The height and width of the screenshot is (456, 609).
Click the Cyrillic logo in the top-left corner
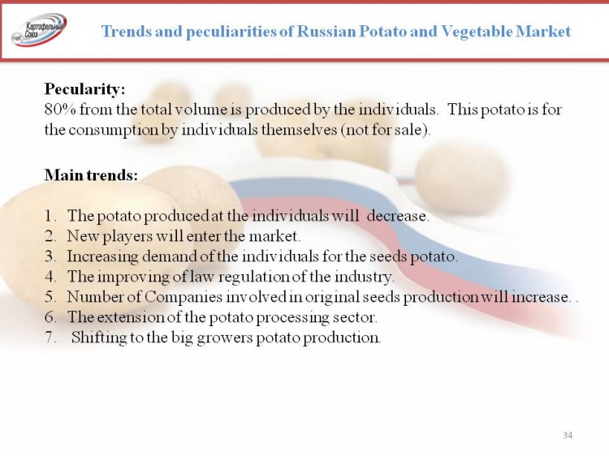click(x=39, y=30)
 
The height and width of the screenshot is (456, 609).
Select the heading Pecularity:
click(x=84, y=89)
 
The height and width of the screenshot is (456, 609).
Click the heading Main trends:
click(x=91, y=175)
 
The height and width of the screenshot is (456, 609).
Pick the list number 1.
click(x=50, y=216)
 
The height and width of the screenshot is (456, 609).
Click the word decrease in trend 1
click(x=397, y=216)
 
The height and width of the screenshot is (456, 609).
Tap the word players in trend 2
click(x=127, y=236)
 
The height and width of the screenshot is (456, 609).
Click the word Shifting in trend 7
click(x=98, y=338)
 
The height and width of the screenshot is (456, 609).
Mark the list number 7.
click(x=50, y=338)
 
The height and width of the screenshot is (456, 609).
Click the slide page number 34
click(x=568, y=435)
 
